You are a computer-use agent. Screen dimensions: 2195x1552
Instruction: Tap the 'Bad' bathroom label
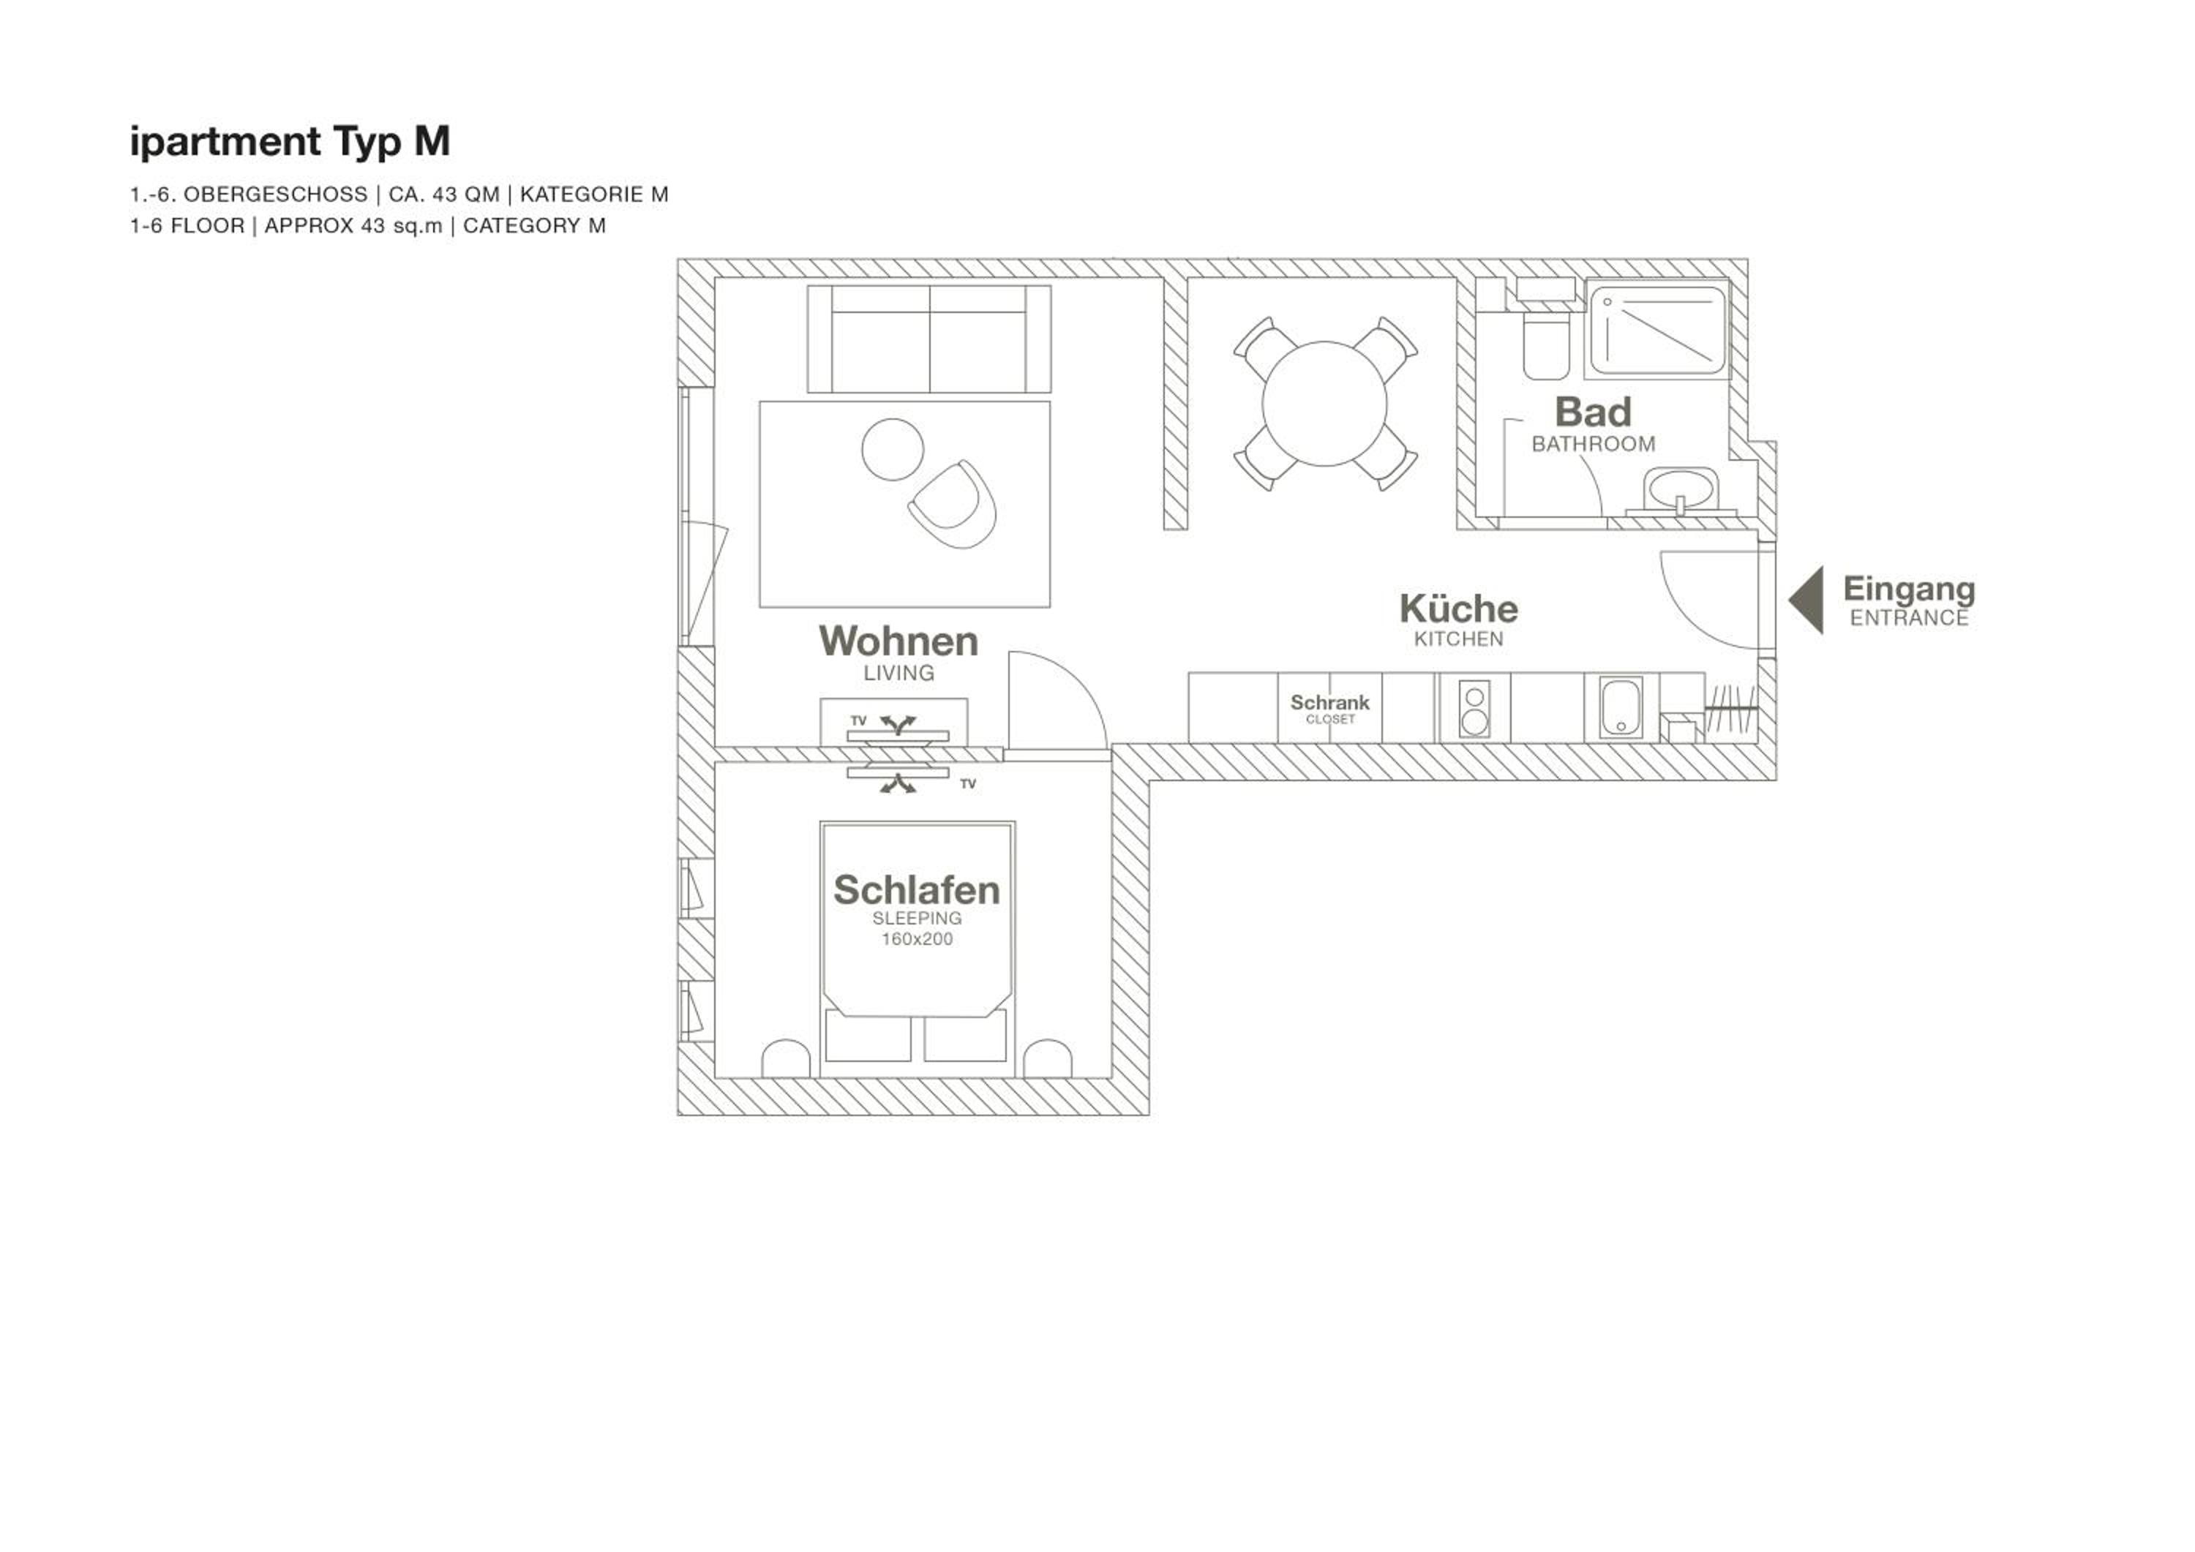pos(1593,413)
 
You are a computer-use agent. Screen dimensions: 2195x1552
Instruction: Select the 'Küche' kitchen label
pos(1458,609)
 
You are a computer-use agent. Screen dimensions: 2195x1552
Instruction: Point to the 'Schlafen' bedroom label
pos(917,889)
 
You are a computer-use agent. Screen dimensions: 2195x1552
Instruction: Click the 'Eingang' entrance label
pos(1909,589)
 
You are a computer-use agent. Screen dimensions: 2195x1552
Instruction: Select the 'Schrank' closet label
pos(1330,702)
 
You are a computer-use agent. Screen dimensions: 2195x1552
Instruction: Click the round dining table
pos(1324,403)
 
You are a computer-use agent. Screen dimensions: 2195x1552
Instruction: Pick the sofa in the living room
pos(929,339)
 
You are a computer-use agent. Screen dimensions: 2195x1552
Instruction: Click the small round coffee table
pos(892,449)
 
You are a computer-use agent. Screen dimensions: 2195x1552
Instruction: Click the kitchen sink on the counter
pos(1621,707)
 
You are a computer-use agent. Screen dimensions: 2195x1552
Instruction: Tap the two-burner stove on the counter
pos(1475,707)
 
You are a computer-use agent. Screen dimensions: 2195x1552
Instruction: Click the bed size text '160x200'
pos(917,939)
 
